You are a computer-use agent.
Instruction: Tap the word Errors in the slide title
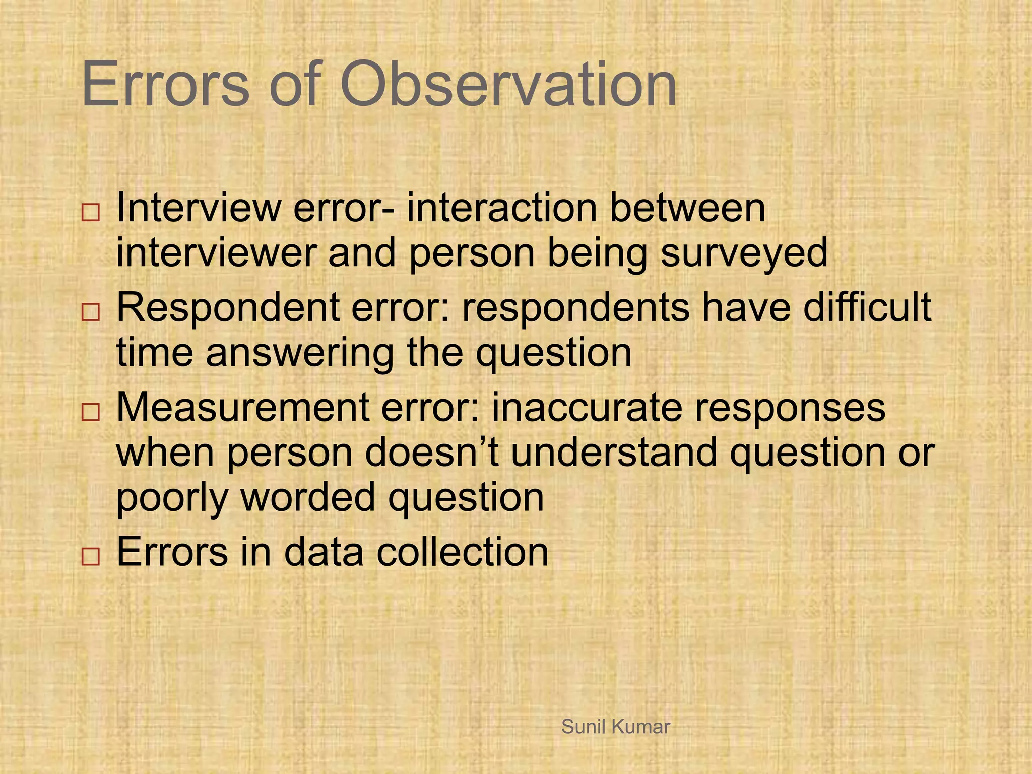pos(165,85)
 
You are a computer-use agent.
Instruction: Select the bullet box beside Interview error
pos(90,213)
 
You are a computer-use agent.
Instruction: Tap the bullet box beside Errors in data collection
pos(90,557)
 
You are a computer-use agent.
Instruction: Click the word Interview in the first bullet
pos(198,208)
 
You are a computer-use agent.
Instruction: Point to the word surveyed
pos(744,253)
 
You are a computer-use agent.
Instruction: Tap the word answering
pos(299,354)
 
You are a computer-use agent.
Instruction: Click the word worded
pos(308,497)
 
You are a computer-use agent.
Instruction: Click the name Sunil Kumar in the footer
pos(615,727)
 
